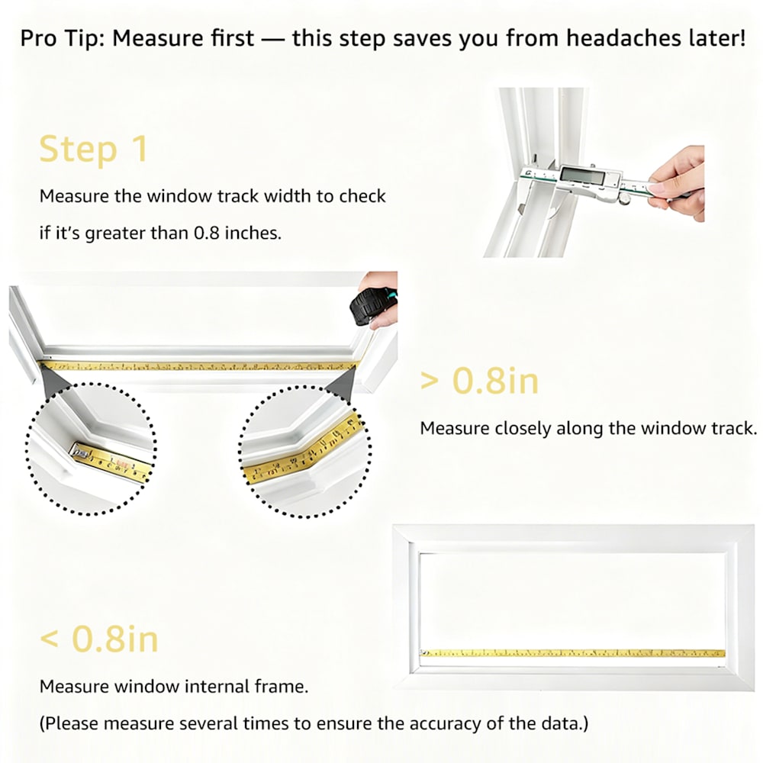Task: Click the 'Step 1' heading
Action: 93,149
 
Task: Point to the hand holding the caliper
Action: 679,182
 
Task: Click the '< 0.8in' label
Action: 98,639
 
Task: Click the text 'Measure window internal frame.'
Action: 174,687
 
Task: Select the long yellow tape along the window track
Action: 198,366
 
